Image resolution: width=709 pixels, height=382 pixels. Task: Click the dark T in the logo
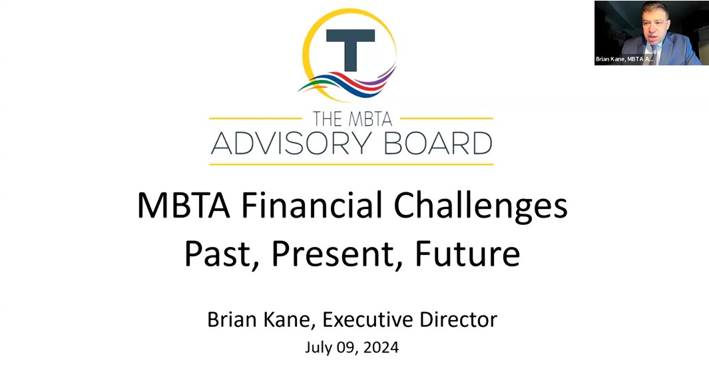point(350,44)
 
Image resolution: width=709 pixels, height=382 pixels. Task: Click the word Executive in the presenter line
point(370,319)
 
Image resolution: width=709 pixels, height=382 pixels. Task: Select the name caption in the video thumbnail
point(624,59)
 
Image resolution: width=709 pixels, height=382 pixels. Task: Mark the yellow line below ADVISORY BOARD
point(351,163)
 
